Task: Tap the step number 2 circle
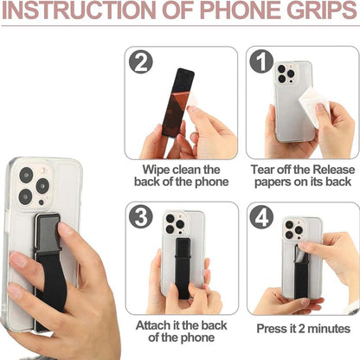[x=140, y=62]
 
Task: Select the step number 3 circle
[x=140, y=217]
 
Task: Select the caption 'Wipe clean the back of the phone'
[x=181, y=175]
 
